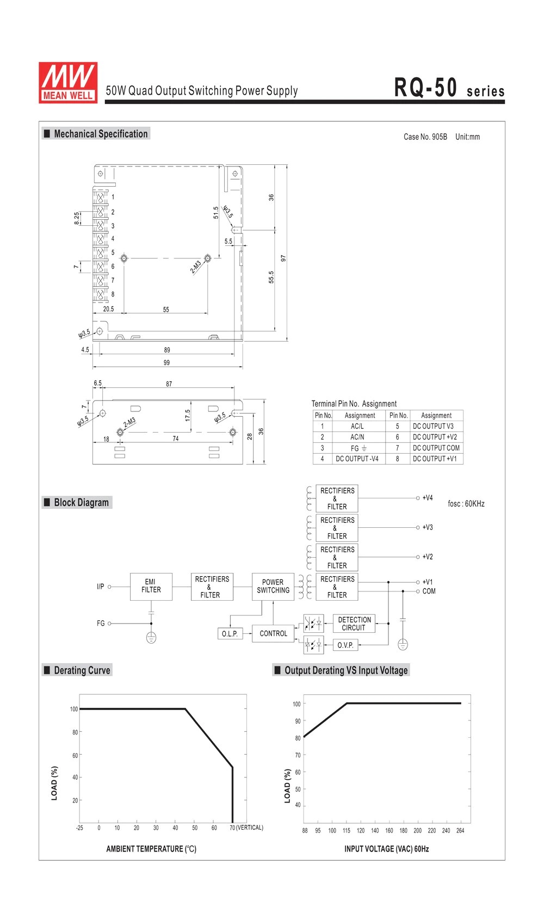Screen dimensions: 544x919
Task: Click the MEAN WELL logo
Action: pyautogui.click(x=68, y=83)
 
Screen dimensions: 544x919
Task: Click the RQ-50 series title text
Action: pyautogui.click(x=449, y=88)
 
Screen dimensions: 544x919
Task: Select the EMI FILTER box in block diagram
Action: pyautogui.click(x=151, y=586)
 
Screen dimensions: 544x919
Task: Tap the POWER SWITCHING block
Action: pyautogui.click(x=273, y=586)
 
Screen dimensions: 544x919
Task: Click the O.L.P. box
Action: pyautogui.click(x=230, y=633)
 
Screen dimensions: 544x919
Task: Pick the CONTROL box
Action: pyautogui.click(x=273, y=633)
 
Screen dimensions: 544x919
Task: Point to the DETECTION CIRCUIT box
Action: pyautogui.click(x=354, y=624)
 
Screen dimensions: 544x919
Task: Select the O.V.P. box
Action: pyautogui.click(x=345, y=645)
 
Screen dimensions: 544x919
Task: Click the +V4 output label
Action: pyautogui.click(x=428, y=498)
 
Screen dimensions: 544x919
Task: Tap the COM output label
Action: pyautogui.click(x=429, y=591)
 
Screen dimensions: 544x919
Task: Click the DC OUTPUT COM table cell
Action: pyautogui.click(x=436, y=448)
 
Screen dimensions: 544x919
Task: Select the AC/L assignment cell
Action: pyautogui.click(x=357, y=426)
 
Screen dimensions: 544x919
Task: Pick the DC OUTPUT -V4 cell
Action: pyautogui.click(x=357, y=459)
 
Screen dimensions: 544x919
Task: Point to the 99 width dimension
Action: pyautogui.click(x=166, y=363)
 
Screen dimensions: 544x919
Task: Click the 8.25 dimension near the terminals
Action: pyautogui.click(x=77, y=218)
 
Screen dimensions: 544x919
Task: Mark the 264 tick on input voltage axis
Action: pyautogui.click(x=460, y=830)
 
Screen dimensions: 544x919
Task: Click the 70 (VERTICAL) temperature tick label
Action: pyautogui.click(x=246, y=828)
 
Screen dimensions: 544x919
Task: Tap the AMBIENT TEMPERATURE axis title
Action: pyautogui.click(x=151, y=849)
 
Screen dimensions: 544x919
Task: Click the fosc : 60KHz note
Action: pyautogui.click(x=466, y=503)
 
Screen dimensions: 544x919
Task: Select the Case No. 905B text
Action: pyautogui.click(x=425, y=137)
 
